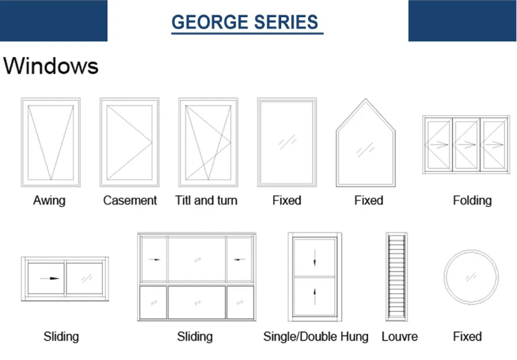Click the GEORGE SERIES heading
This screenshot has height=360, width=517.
[245, 22]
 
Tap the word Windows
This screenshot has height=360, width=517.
[51, 66]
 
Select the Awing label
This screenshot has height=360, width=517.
[49, 201]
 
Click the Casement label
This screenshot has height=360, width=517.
[130, 200]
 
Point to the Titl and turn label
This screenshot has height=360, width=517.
[206, 200]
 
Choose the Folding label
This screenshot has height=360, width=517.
[472, 201]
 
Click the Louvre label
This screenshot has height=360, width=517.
[400, 337]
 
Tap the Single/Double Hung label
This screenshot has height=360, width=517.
[316, 337]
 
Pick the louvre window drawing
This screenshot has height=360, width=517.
[396, 277]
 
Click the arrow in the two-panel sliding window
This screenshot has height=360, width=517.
[50, 279]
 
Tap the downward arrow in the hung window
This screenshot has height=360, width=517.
[314, 258]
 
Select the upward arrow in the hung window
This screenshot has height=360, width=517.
[314, 297]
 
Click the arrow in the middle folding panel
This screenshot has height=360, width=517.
[466, 144]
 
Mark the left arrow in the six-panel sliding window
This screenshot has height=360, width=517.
[154, 259]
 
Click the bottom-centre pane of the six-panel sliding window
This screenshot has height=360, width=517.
[197, 303]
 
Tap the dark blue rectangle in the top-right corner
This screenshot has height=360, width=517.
[463, 21]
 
